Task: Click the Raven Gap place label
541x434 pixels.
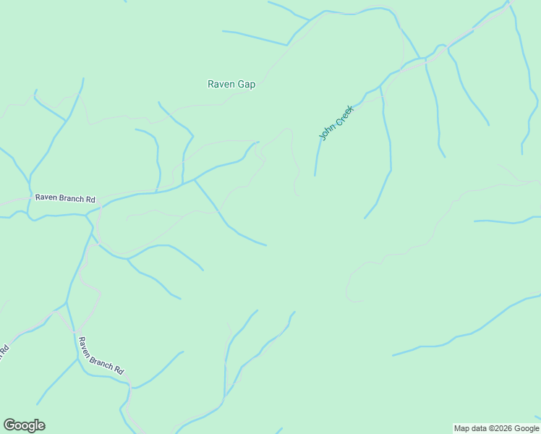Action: (231, 84)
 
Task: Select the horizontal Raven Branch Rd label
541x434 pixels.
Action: (65, 198)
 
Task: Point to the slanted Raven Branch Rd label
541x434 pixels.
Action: (101, 356)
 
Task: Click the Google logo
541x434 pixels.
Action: (24, 425)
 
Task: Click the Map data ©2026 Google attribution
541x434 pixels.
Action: (496, 429)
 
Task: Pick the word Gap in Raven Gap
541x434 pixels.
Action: (246, 84)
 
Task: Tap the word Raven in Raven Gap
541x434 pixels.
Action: (221, 84)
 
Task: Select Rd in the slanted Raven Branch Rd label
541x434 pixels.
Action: (119, 370)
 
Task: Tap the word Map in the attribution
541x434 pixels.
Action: (461, 429)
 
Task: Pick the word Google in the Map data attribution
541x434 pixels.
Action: (525, 429)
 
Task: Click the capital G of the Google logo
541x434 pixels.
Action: (9, 425)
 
